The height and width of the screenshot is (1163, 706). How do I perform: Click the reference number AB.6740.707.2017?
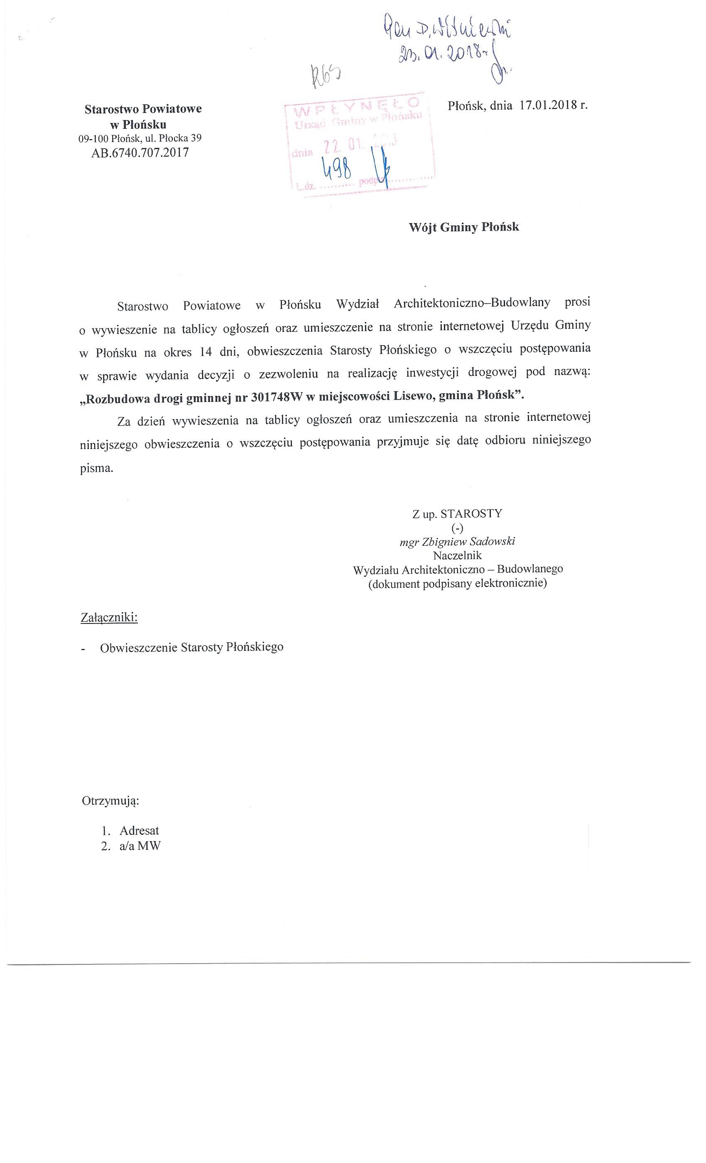pyautogui.click(x=140, y=152)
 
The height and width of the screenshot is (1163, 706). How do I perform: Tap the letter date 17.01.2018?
pyautogui.click(x=547, y=105)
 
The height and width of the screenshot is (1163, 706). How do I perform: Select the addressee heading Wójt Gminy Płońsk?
pyautogui.click(x=463, y=227)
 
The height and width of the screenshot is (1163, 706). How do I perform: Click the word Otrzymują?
pyautogui.click(x=110, y=801)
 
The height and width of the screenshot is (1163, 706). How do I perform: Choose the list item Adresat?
pyautogui.click(x=139, y=830)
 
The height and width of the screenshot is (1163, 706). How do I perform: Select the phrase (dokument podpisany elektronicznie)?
pyautogui.click(x=457, y=584)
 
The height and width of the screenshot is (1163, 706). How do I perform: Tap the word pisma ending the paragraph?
pyautogui.click(x=96, y=469)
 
